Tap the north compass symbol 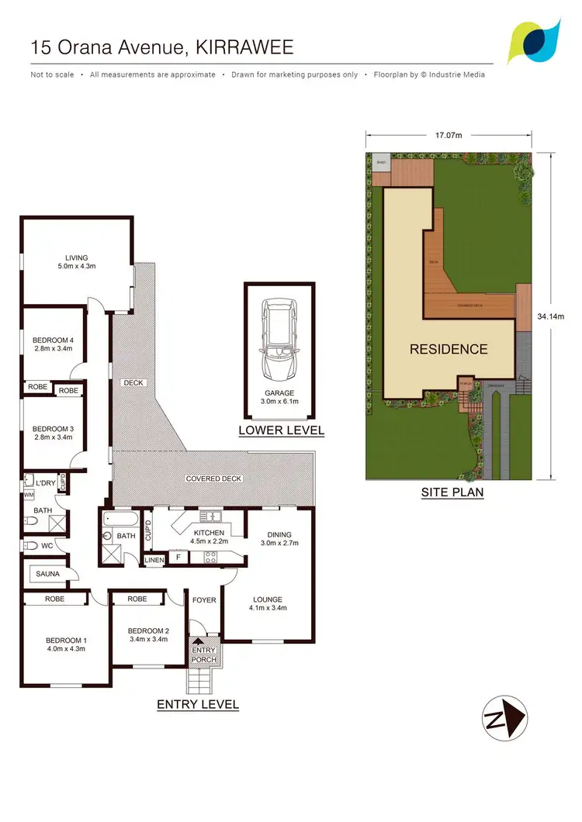pyautogui.click(x=504, y=714)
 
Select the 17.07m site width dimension pyautogui.click(x=449, y=136)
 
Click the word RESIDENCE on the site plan pyautogui.click(x=449, y=349)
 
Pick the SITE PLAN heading pyautogui.click(x=452, y=492)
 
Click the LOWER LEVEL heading pyautogui.click(x=281, y=430)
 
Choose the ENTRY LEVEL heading pyautogui.click(x=198, y=705)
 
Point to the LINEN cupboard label pyautogui.click(x=154, y=559)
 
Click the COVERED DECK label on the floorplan pyautogui.click(x=213, y=478)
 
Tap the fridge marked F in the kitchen pyautogui.click(x=178, y=558)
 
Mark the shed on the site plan pyautogui.click(x=381, y=162)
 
